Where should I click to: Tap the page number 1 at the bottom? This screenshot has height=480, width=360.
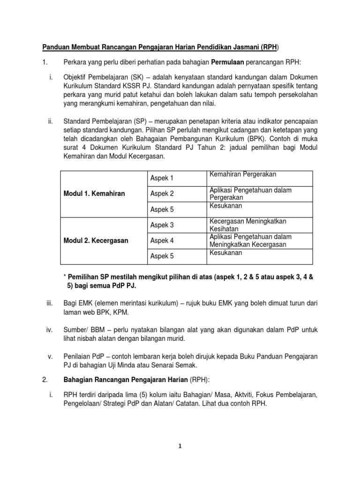(x=179, y=447)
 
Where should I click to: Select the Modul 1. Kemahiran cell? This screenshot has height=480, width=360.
(x=94, y=194)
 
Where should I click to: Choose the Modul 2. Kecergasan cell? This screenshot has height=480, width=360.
(x=96, y=240)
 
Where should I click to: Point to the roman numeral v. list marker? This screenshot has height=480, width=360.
(x=51, y=357)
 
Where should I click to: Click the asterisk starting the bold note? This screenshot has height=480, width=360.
(x=65, y=277)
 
